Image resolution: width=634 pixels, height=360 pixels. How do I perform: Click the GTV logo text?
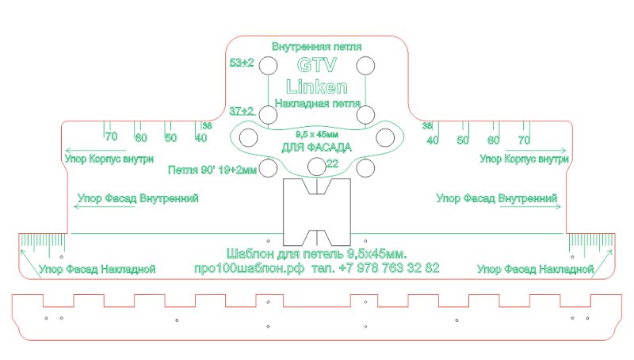pyautogui.click(x=316, y=65)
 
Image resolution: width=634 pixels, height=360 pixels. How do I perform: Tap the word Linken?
pyautogui.click(x=316, y=86)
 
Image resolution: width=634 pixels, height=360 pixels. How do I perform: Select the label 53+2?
pyautogui.click(x=242, y=63)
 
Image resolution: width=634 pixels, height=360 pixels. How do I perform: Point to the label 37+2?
pyautogui.click(x=242, y=111)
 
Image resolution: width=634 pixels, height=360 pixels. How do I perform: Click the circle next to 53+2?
pyautogui.click(x=268, y=66)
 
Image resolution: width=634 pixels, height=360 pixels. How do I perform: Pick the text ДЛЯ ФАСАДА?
pyautogui.click(x=316, y=147)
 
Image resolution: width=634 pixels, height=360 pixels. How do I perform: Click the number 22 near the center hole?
pyautogui.click(x=332, y=163)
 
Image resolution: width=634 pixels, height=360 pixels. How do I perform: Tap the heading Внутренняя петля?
pyautogui.click(x=316, y=47)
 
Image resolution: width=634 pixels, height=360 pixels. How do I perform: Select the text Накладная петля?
pyautogui.click(x=318, y=104)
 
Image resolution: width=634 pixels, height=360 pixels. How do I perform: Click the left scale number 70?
pyautogui.click(x=111, y=136)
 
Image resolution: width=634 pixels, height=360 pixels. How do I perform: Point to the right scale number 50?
pyautogui.click(x=463, y=140)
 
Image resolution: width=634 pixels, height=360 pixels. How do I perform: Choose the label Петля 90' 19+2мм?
pyautogui.click(x=212, y=170)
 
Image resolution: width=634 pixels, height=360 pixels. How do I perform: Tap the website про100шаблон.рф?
pyautogui.click(x=249, y=268)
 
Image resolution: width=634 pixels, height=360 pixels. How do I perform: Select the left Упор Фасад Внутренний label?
pyautogui.click(x=138, y=198)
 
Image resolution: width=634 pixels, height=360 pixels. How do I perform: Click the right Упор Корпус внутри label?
pyautogui.click(x=524, y=159)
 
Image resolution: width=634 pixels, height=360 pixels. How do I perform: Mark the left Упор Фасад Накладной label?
pyautogui.click(x=97, y=269)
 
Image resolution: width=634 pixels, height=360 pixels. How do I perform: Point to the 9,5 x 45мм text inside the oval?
pyautogui.click(x=316, y=134)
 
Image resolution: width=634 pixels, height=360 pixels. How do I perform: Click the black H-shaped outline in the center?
pyautogui.click(x=316, y=212)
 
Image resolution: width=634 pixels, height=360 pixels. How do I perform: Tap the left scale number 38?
pyautogui.click(x=207, y=125)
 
